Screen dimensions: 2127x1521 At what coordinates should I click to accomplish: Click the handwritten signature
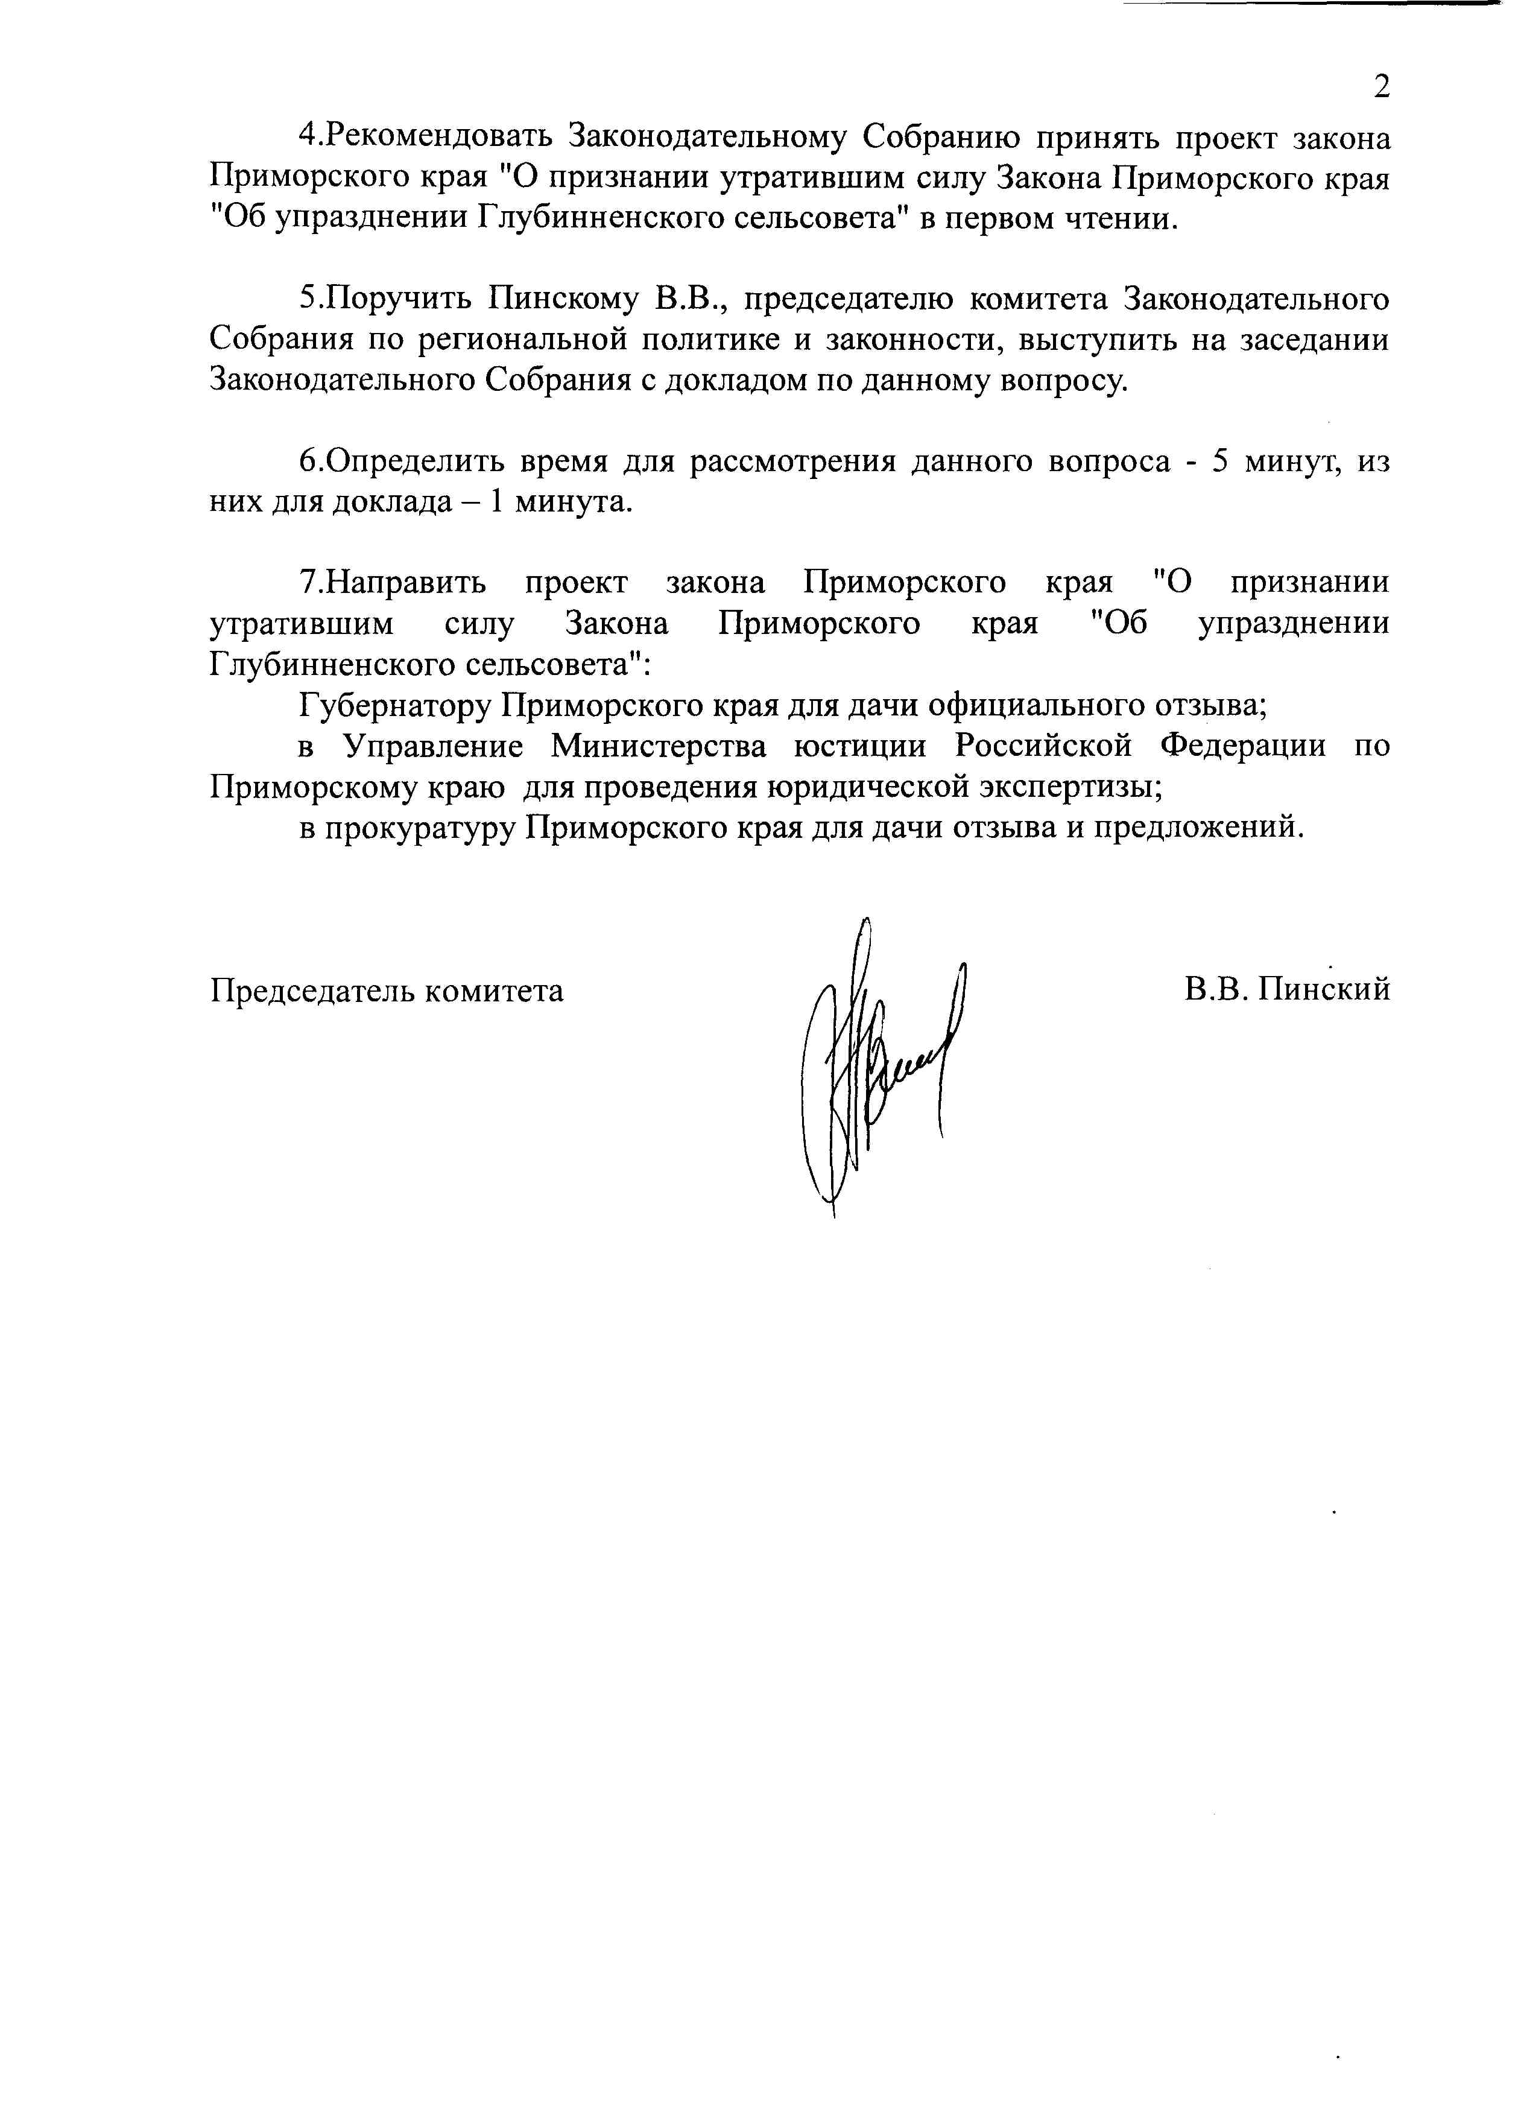tap(881, 1058)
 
